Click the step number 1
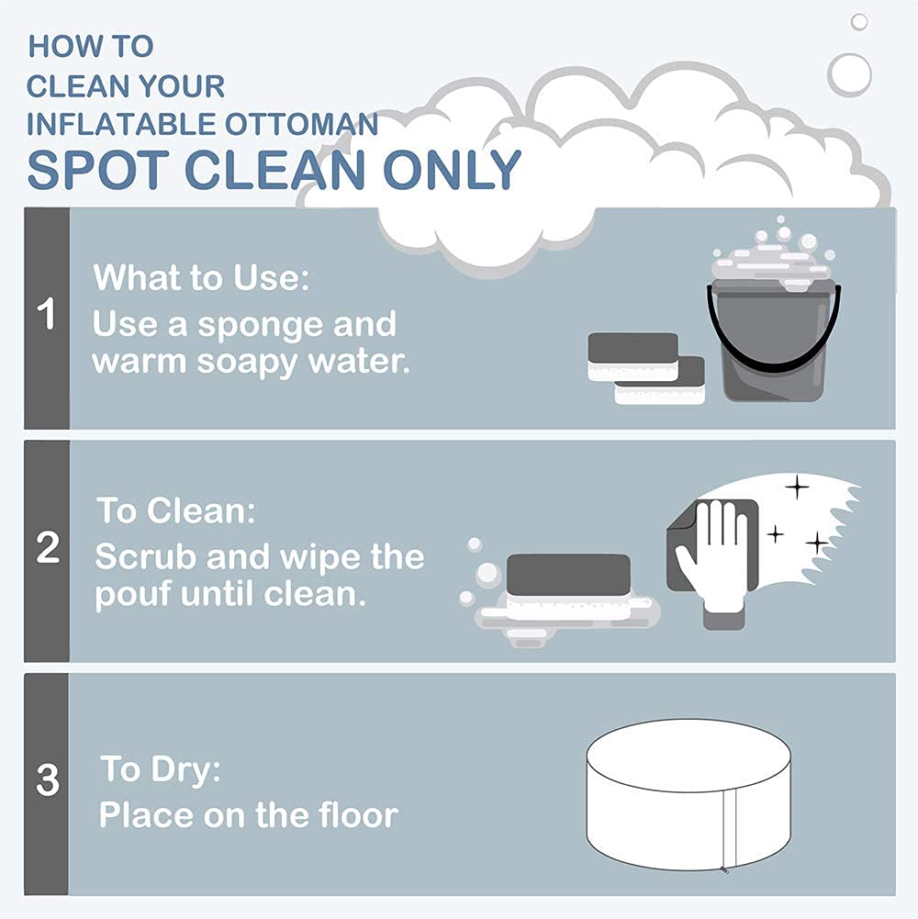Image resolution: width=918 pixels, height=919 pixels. [x=46, y=314]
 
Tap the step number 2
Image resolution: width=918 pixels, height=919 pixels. [x=48, y=547]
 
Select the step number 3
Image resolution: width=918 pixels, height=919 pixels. [x=48, y=779]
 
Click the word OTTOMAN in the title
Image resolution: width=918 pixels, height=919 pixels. [x=302, y=124]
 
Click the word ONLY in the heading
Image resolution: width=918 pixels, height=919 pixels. [x=452, y=169]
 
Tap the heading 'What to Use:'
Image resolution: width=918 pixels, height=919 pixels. [x=201, y=277]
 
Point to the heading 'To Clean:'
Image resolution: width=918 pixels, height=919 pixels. [x=176, y=510]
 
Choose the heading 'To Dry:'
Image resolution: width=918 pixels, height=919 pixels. [x=161, y=768]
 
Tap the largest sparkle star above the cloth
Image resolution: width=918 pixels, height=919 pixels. [x=797, y=488]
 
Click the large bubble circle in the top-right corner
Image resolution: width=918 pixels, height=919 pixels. [x=849, y=75]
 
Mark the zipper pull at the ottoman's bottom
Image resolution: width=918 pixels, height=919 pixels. [x=724, y=869]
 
